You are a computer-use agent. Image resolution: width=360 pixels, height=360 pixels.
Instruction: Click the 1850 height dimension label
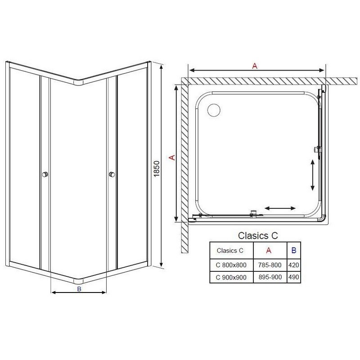(157, 169)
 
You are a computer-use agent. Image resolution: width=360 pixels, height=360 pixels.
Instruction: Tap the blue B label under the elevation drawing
(79, 289)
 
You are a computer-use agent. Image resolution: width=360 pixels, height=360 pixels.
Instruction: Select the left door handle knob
(45, 175)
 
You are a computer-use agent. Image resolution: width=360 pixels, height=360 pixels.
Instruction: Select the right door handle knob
(112, 175)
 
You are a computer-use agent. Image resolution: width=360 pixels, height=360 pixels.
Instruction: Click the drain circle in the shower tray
(214, 110)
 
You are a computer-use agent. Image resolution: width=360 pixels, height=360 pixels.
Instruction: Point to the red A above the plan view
(255, 66)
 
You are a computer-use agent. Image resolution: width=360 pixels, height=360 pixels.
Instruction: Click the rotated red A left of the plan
(172, 157)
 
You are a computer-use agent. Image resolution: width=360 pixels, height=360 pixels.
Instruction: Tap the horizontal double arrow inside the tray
(280, 208)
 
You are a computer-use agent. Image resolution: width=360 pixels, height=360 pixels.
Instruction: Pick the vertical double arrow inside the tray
(312, 175)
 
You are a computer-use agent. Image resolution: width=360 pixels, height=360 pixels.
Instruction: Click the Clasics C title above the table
(258, 235)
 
